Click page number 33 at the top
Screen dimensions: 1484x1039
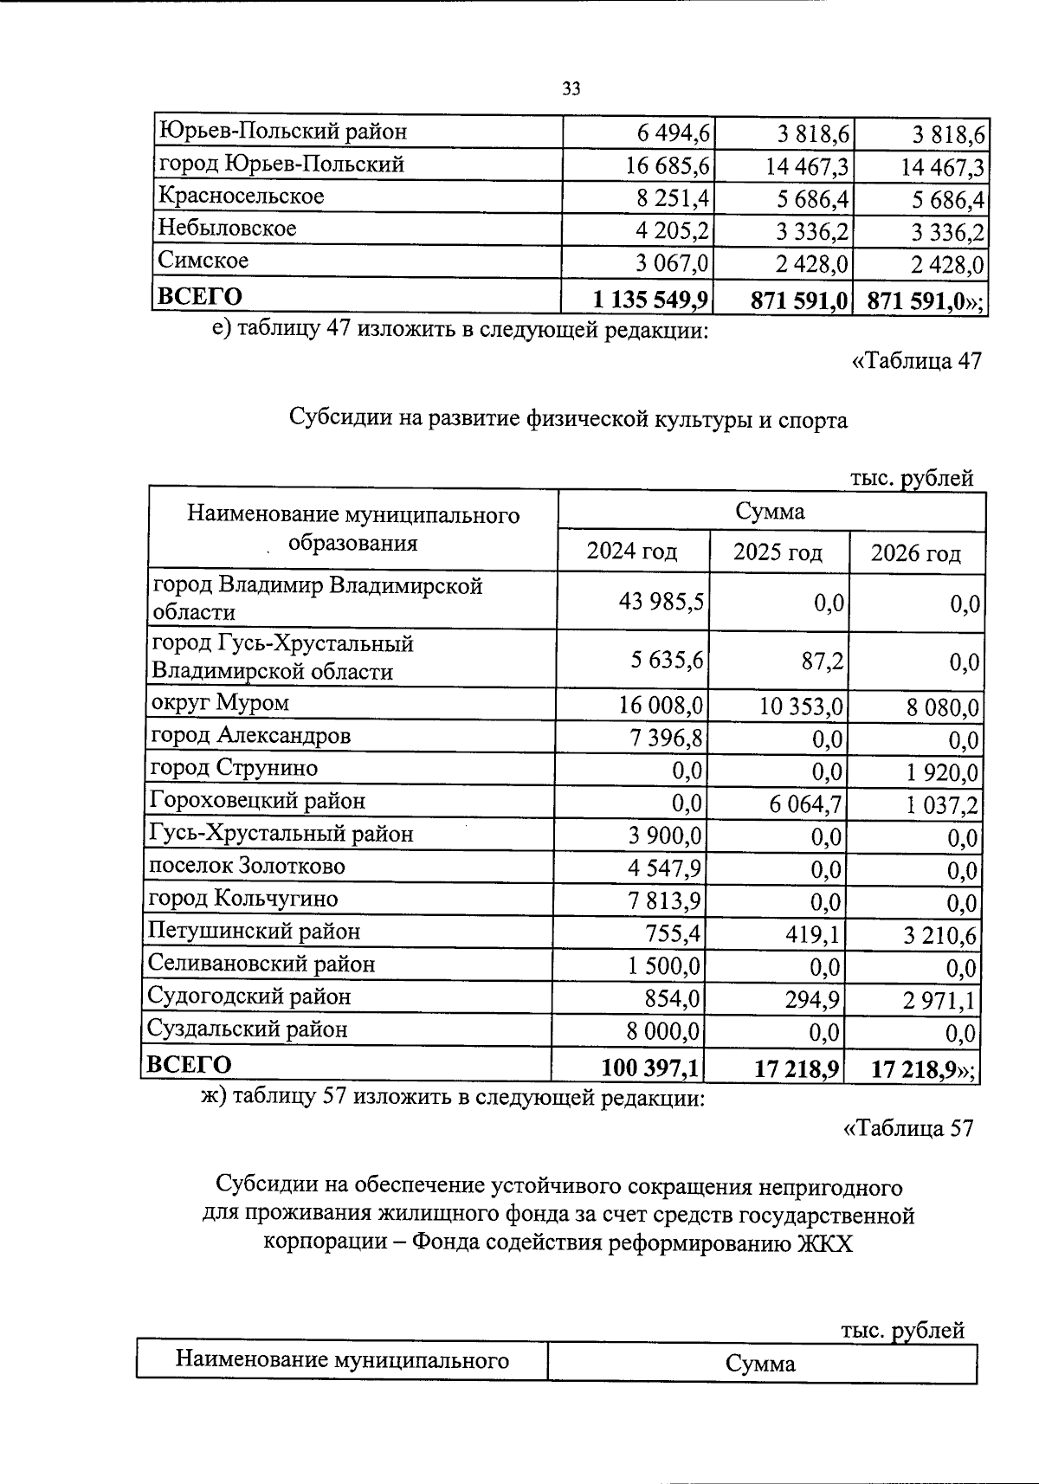(571, 88)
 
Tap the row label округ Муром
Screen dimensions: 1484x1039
(220, 702)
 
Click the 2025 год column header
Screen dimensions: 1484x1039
(778, 552)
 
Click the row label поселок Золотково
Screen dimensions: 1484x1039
(247, 866)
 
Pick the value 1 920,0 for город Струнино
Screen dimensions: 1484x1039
(942, 771)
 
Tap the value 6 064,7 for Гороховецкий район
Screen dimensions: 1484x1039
(805, 804)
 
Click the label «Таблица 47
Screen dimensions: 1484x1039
(916, 360)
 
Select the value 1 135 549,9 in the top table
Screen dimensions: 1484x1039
(651, 300)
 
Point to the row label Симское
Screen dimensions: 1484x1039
(203, 260)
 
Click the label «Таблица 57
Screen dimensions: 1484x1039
(908, 1128)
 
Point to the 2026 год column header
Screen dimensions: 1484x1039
(916, 552)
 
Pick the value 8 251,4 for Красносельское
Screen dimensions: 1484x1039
(673, 199)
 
